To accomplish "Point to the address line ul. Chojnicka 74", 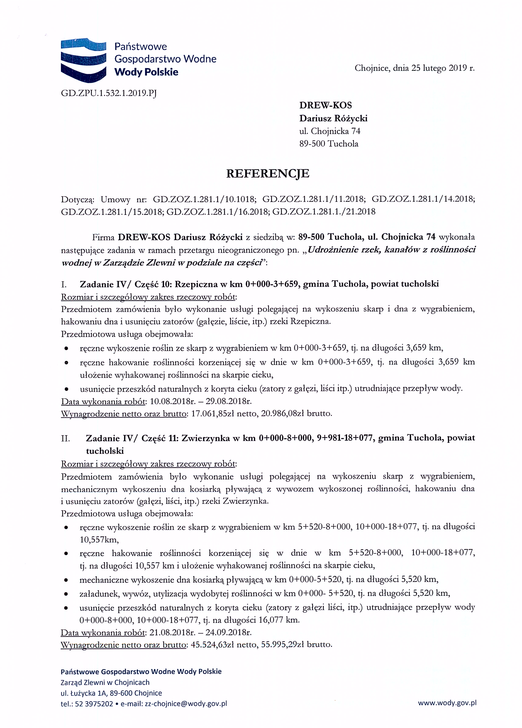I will pyautogui.click(x=330, y=131).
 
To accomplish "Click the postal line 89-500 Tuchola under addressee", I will pyautogui.click(x=329, y=144).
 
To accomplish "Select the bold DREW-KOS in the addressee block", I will pyautogui.click(x=325, y=105).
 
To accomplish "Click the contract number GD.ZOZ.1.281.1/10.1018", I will pyautogui.click(x=204, y=199).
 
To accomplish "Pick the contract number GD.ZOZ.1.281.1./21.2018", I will pyautogui.click(x=324, y=212).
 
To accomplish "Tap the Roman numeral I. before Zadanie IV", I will pyautogui.click(x=64, y=284).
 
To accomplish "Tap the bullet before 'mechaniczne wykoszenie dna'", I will pyautogui.click(x=66, y=580).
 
